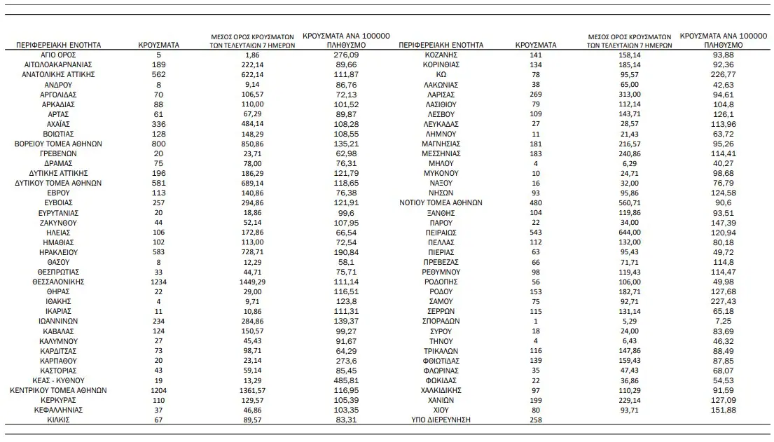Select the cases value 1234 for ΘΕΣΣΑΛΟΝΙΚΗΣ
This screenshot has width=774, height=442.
(159, 281)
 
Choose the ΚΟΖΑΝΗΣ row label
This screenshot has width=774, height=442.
(441, 54)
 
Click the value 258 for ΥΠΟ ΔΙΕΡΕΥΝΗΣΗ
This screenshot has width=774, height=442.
(535, 420)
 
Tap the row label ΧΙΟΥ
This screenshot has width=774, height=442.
(441, 409)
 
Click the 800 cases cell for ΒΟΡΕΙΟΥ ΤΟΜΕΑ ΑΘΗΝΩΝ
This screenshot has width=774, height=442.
(159, 143)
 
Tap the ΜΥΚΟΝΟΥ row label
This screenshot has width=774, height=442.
(441, 172)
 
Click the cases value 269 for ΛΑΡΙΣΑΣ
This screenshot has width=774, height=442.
(535, 94)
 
